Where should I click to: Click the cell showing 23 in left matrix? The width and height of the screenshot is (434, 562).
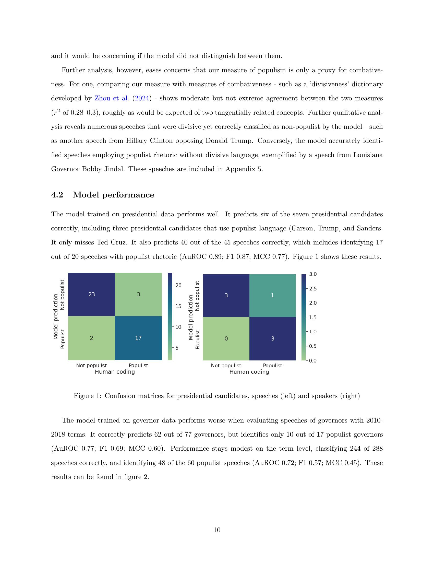(92, 294)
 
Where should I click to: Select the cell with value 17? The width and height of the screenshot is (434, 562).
(138, 338)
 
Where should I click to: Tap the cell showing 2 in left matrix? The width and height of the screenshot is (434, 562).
(92, 338)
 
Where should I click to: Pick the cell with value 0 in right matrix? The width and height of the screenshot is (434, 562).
(226, 339)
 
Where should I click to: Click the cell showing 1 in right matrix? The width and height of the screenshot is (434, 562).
(273, 295)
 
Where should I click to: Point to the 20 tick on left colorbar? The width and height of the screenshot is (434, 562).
(178, 285)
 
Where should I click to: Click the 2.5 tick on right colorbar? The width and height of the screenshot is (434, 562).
(312, 289)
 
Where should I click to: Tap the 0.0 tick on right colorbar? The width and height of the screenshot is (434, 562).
(312, 360)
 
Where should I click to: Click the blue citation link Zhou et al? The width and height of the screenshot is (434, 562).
(112, 98)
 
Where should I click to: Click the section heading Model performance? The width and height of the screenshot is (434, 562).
(113, 195)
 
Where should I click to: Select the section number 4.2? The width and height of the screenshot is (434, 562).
(57, 195)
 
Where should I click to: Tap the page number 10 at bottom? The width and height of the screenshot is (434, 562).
(217, 530)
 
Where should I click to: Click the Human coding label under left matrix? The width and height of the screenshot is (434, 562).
(115, 372)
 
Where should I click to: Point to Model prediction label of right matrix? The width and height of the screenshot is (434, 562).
(190, 317)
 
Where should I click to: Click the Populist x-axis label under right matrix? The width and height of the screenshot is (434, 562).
(273, 366)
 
